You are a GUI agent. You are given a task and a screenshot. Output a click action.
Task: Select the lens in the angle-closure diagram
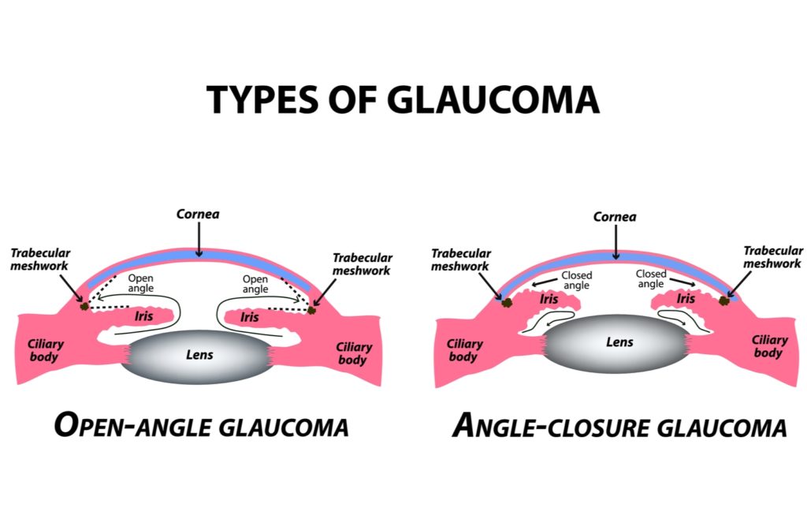[x=619, y=342]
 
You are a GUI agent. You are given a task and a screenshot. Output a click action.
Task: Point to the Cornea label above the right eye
[x=615, y=216]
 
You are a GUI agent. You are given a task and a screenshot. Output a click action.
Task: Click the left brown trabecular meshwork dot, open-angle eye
[x=84, y=305]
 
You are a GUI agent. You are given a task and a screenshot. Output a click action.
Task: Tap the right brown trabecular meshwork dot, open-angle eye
[x=312, y=309]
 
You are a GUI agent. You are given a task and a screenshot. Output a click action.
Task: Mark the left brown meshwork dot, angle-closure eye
[x=506, y=300]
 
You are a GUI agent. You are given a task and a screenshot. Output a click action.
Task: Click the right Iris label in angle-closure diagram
[x=686, y=299]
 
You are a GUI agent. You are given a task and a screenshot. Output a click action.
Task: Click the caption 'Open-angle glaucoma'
[x=201, y=426]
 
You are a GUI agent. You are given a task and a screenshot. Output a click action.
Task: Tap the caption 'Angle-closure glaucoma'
[x=619, y=426]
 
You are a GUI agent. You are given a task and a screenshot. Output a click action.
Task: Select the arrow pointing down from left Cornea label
[x=199, y=240]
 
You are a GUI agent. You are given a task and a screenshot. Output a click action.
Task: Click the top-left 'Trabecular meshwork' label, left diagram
[x=40, y=259]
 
